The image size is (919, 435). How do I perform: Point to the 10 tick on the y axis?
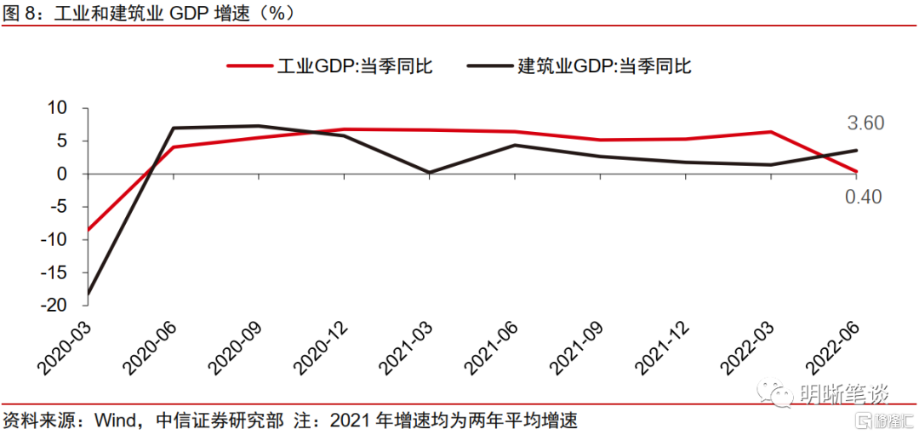coord(56,108)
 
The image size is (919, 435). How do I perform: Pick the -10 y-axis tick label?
coord(53,239)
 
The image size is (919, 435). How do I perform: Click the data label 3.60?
coord(865,123)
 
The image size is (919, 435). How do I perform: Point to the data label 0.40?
coord(864,197)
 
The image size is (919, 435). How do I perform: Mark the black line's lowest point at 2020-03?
coord(88,294)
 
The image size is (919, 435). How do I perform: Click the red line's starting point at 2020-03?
coord(88,230)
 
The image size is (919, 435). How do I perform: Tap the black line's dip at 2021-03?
coord(429,173)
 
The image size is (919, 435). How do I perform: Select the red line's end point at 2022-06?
coord(856,171)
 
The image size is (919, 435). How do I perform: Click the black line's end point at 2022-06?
coord(856,150)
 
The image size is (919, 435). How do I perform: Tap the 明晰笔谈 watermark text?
coord(844,394)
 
